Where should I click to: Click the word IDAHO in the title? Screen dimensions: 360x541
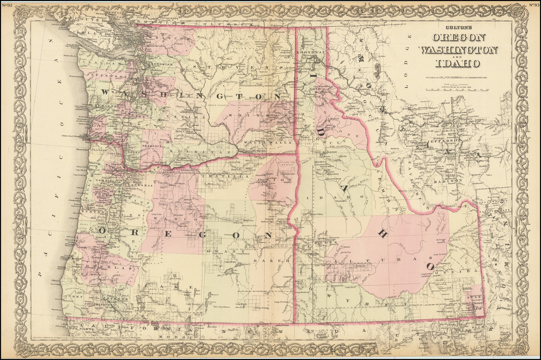pyautogui.click(x=458, y=64)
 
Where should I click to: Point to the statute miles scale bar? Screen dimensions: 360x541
pyautogui.click(x=458, y=90)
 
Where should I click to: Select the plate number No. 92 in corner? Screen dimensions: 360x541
pyautogui.click(x=8, y=5)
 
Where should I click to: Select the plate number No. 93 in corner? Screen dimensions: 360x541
pyautogui.click(x=533, y=5)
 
